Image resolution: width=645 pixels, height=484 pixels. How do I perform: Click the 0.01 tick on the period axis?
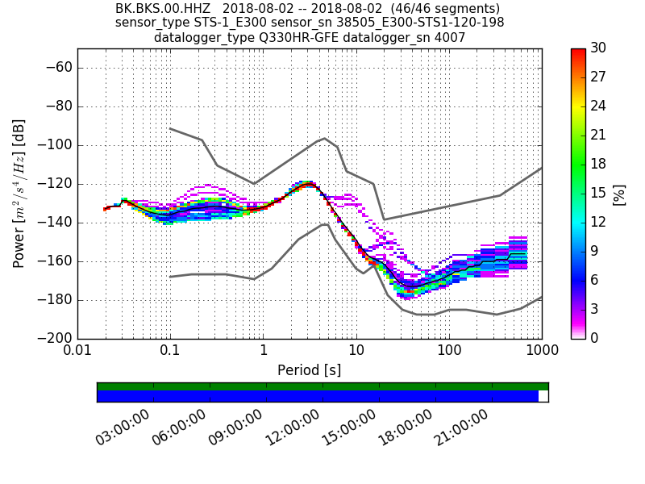tap(77, 352)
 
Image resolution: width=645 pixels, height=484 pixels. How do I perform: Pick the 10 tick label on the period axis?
tap(356, 352)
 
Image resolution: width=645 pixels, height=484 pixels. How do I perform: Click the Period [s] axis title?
tap(310, 370)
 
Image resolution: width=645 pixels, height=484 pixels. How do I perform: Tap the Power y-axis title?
tap(19, 194)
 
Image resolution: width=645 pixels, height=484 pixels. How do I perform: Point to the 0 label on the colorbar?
tap(596, 338)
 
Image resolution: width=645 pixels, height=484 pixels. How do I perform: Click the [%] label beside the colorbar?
tap(620, 194)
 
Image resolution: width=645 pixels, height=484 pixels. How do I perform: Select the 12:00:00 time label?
tap(293, 428)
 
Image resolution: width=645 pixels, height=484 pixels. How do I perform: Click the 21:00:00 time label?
tap(463, 428)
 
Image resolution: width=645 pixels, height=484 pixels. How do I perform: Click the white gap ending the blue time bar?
tap(543, 396)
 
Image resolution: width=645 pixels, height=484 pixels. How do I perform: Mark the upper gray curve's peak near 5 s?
tap(324, 138)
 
